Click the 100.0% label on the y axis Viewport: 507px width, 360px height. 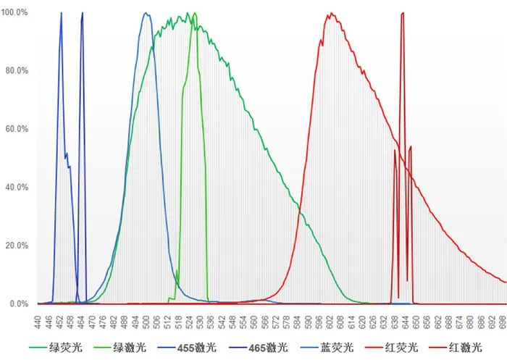pyautogui.click(x=16, y=13)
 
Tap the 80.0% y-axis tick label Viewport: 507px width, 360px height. pyautogui.click(x=17, y=71)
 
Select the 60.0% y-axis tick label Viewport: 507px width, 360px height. pyautogui.click(x=17, y=129)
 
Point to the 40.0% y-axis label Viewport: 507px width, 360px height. pyautogui.click(x=17, y=187)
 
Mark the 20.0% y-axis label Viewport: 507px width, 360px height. pyautogui.click(x=17, y=246)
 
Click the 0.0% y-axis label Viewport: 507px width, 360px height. pyautogui.click(x=19, y=304)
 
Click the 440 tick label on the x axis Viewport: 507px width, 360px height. pyautogui.click(x=38, y=319)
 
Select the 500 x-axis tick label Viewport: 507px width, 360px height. pyautogui.click(x=146, y=319)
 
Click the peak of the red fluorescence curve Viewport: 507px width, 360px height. pyautogui.click(x=332, y=13)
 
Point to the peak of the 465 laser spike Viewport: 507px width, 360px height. pyautogui.click(x=82, y=13)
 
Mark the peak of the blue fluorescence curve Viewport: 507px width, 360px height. pyautogui.click(x=146, y=13)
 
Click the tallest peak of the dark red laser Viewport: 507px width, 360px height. pyautogui.click(x=402, y=13)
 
